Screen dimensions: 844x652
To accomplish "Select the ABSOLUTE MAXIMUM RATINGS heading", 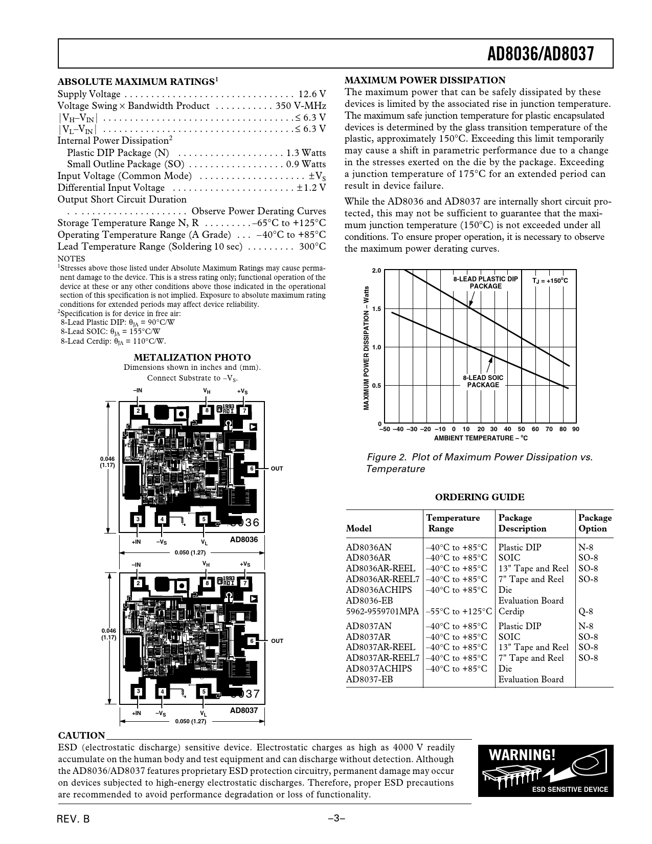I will point(136,82).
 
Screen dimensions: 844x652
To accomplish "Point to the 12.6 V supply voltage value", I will point(312,94).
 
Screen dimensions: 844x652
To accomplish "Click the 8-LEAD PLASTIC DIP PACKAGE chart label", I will point(485,282).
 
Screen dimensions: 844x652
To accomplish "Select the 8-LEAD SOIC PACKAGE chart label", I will point(483,381).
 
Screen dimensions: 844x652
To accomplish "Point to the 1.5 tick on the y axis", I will point(376,309).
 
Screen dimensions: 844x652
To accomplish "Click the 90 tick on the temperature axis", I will point(576,429).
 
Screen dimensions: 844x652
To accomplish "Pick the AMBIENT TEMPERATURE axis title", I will point(481,438).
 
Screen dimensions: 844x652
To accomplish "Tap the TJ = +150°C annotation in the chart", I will point(550,281).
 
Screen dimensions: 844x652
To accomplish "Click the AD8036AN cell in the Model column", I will point(369,547).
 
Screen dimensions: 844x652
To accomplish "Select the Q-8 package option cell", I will point(586,611).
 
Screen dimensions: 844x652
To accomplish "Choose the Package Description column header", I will point(522,523).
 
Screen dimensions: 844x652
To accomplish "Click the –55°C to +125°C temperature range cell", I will point(459,611).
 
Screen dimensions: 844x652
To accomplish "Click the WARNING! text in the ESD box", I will point(521,755).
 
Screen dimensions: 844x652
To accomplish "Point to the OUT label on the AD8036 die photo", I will point(277,469).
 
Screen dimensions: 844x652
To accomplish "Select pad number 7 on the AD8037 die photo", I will point(245,583).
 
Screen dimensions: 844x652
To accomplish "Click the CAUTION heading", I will point(82,736).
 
